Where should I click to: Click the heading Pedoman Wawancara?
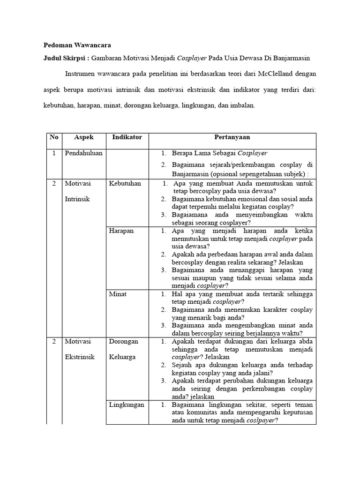[x=77, y=45]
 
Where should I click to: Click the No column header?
[x=54, y=137]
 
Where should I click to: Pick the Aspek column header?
[x=84, y=137]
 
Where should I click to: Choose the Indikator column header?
[x=127, y=137]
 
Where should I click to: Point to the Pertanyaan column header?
[x=232, y=137]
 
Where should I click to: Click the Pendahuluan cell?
[x=83, y=153]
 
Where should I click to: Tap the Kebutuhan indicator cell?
[x=125, y=183]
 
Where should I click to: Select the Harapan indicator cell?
[x=121, y=231]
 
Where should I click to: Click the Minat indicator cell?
[x=118, y=294]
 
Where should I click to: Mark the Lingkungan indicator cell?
[x=127, y=405]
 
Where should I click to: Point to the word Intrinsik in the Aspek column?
[x=78, y=199]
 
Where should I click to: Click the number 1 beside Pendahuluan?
[x=53, y=153]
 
